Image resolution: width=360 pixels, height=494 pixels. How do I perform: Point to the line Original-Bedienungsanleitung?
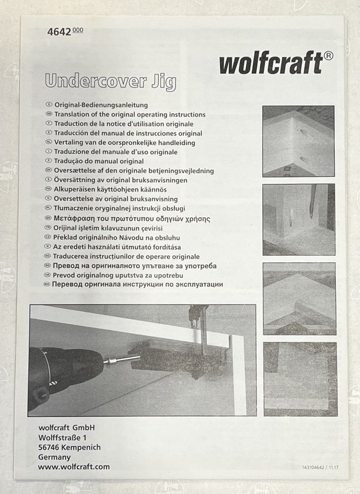click(101, 105)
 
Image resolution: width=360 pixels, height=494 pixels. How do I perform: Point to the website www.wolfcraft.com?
click(74, 467)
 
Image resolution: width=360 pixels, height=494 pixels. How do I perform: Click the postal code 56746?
click(50, 447)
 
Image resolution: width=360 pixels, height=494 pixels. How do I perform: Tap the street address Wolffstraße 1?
click(63, 437)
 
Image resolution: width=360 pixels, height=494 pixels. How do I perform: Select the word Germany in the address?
click(54, 457)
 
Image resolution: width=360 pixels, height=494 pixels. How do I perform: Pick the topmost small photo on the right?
click(299, 141)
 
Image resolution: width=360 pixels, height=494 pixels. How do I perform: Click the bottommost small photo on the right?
click(299, 379)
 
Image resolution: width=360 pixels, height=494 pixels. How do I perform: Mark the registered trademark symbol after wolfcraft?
click(328, 55)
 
